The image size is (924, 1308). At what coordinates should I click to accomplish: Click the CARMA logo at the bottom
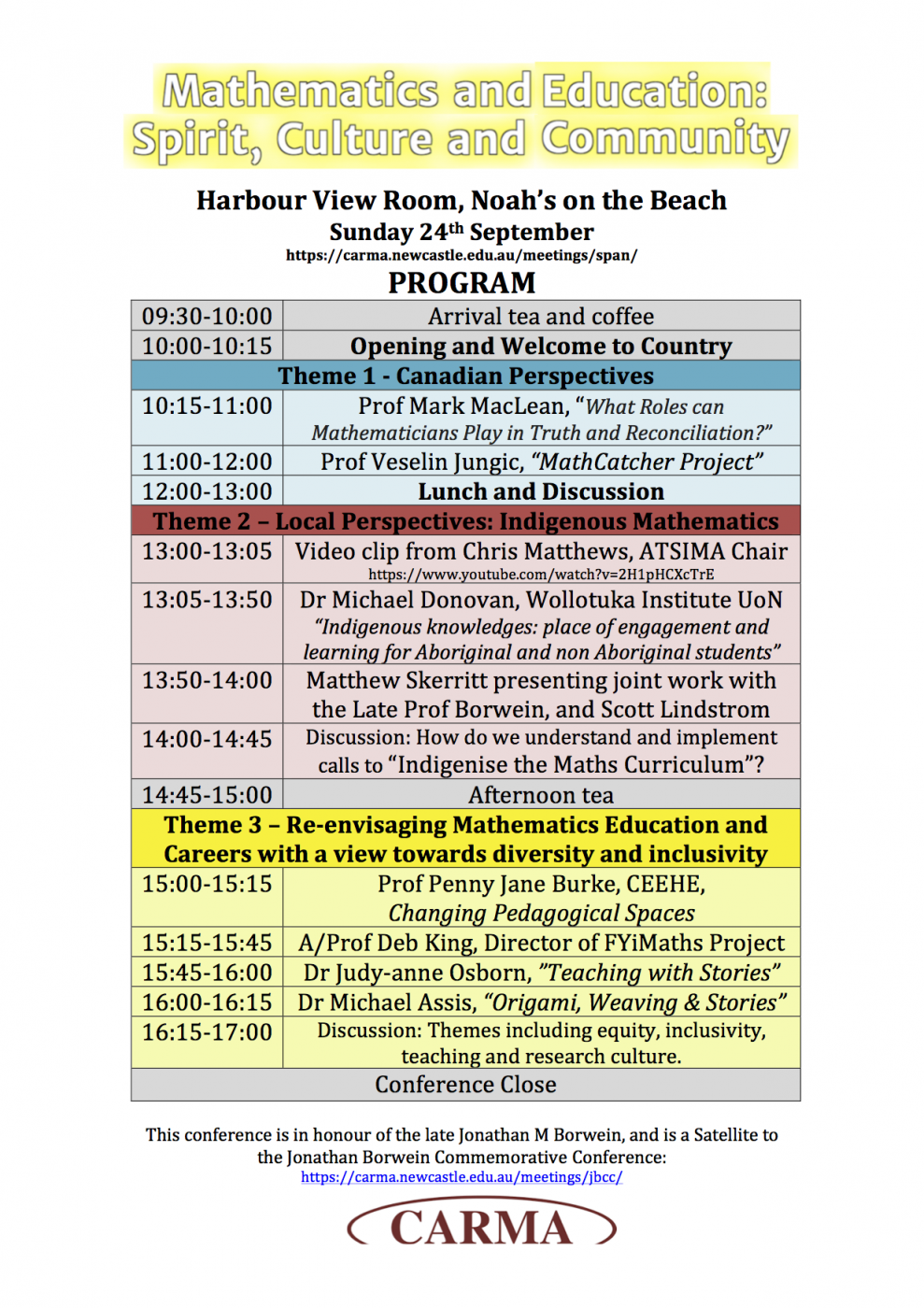tap(481, 1227)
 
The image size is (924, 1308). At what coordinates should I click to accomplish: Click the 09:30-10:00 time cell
tap(206, 316)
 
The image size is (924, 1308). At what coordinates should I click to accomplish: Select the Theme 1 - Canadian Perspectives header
tap(465, 376)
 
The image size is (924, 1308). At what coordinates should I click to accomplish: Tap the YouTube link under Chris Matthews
tap(541, 574)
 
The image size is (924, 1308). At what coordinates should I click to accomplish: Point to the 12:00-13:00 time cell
tap(206, 491)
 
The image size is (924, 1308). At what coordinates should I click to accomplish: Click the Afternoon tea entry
tap(541, 795)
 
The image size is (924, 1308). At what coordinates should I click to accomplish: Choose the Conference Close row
tap(465, 1085)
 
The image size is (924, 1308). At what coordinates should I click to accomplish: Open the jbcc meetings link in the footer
tap(462, 1177)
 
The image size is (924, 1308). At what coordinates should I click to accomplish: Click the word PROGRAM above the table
tap(462, 282)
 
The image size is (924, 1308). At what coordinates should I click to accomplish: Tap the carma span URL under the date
tap(462, 255)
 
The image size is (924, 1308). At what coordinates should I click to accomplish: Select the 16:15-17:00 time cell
tap(206, 1032)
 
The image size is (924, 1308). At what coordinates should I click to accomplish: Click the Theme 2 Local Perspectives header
tap(465, 521)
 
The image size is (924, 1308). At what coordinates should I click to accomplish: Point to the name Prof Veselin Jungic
tap(421, 462)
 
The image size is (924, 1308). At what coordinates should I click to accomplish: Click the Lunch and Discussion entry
tap(541, 491)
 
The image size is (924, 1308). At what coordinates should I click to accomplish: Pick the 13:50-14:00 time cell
tap(206, 680)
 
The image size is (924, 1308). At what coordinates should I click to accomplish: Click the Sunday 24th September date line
tap(462, 232)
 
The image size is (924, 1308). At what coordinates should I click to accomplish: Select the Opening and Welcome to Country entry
tap(541, 346)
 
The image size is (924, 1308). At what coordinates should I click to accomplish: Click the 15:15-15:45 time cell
tap(206, 943)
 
